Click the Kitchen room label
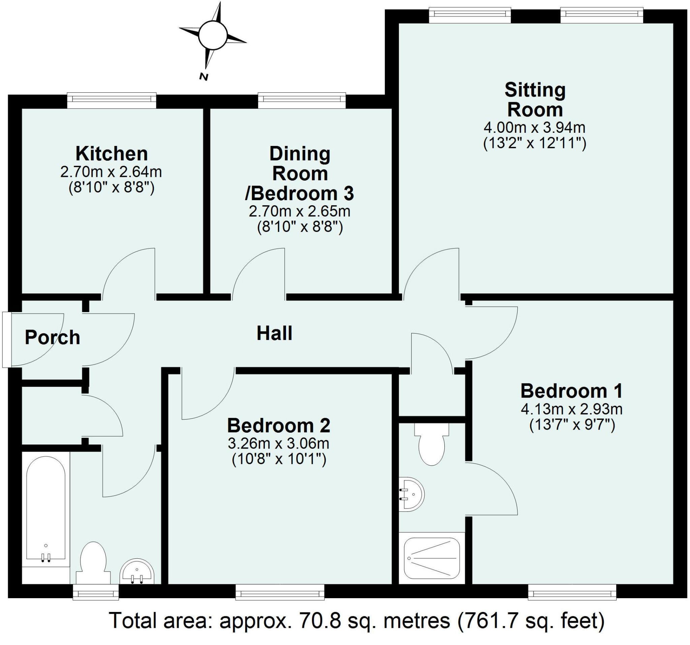[x=112, y=154]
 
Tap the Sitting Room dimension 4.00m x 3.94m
[x=534, y=128]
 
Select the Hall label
[x=274, y=333]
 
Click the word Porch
[x=53, y=337]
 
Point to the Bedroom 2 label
[x=278, y=426]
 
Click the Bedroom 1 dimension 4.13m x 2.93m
[x=571, y=409]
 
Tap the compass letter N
[x=204, y=77]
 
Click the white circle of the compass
[x=212, y=35]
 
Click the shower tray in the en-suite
[x=432, y=558]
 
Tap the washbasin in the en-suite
[x=412, y=494]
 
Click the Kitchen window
[x=112, y=100]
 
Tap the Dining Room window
[x=302, y=100]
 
